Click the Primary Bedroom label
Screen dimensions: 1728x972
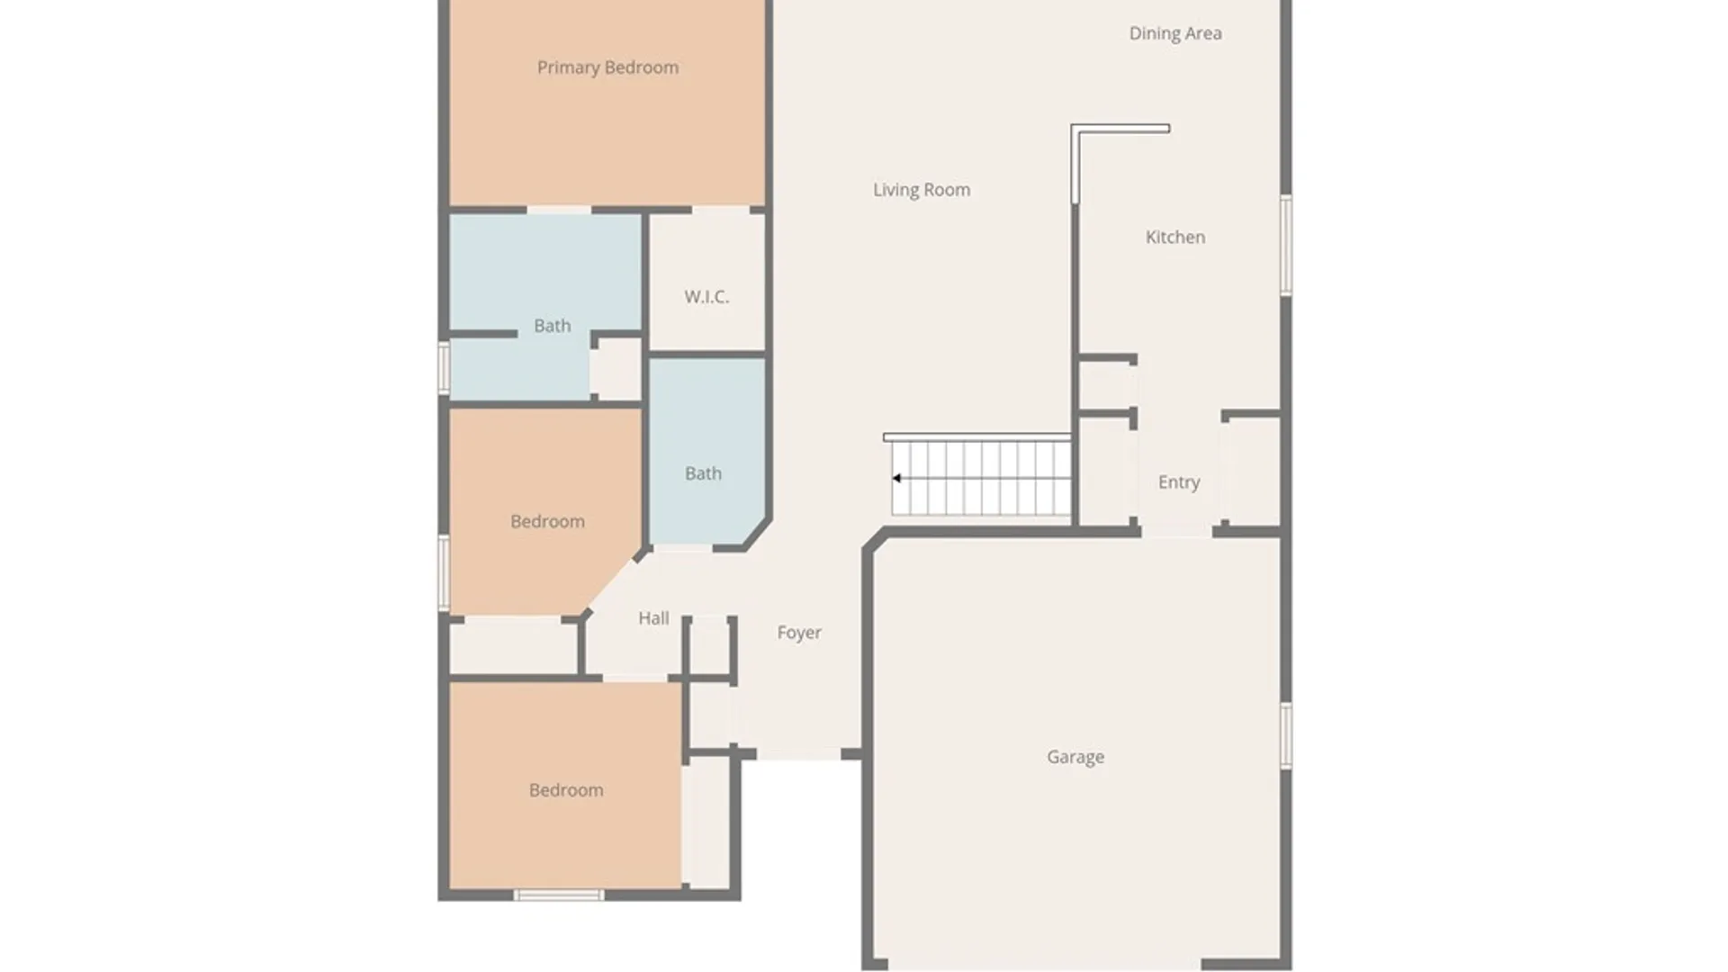(607, 67)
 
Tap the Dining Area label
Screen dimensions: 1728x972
(1175, 33)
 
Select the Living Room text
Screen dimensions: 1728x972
(922, 190)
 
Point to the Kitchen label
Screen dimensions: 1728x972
(1175, 237)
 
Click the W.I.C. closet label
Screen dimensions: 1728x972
(706, 296)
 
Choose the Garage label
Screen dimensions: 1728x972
(1075, 757)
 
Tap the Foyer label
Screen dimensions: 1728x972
(799, 633)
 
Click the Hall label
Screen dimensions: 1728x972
(653, 618)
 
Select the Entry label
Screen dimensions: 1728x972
(1179, 482)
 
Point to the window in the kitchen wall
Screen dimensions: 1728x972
(1286, 245)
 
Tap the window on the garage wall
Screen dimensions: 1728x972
(1286, 735)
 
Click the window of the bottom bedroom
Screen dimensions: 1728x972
(559, 895)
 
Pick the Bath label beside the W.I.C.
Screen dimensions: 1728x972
(552, 326)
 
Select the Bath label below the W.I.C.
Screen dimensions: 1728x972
(703, 473)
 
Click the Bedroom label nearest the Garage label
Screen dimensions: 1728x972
(566, 790)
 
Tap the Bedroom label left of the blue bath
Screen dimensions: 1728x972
(547, 521)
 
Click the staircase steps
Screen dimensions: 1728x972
(981, 478)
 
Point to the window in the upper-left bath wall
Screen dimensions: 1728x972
(444, 367)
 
